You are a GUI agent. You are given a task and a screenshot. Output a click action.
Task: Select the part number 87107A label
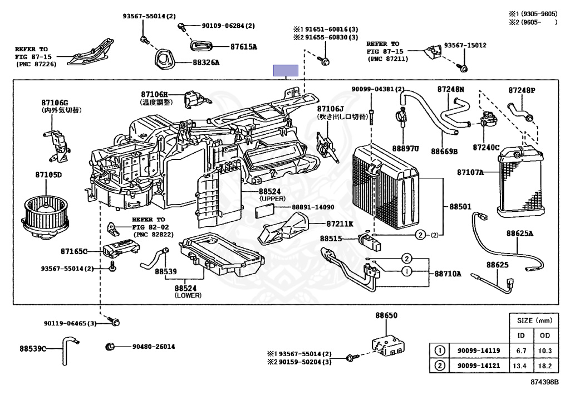[x=469, y=172]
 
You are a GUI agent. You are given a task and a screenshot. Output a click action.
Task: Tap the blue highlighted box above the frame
[x=285, y=70]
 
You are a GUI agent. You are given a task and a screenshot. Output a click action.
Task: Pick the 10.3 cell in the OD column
[x=545, y=351]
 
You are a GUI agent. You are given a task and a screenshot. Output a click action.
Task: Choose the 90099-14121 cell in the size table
[x=479, y=366]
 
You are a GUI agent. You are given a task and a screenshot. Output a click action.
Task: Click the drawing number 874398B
[x=546, y=384]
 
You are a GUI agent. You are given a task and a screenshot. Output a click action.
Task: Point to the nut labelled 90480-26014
[x=110, y=347]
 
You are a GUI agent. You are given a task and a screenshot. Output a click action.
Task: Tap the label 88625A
[x=520, y=233]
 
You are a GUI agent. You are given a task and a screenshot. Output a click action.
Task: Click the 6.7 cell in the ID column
[x=522, y=351]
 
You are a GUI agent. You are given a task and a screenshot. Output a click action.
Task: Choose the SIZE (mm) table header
[x=534, y=321]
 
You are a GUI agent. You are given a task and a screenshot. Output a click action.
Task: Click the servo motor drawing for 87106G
[x=56, y=142]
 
